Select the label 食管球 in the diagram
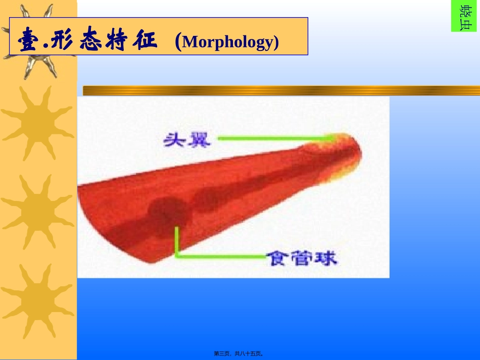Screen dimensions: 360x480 coord(302,258)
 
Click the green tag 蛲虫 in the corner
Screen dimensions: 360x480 coord(464,16)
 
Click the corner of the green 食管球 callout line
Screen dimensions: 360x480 coord(176,256)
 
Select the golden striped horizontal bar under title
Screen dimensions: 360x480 coord(281,90)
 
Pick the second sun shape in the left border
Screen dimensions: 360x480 coord(37,121)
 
